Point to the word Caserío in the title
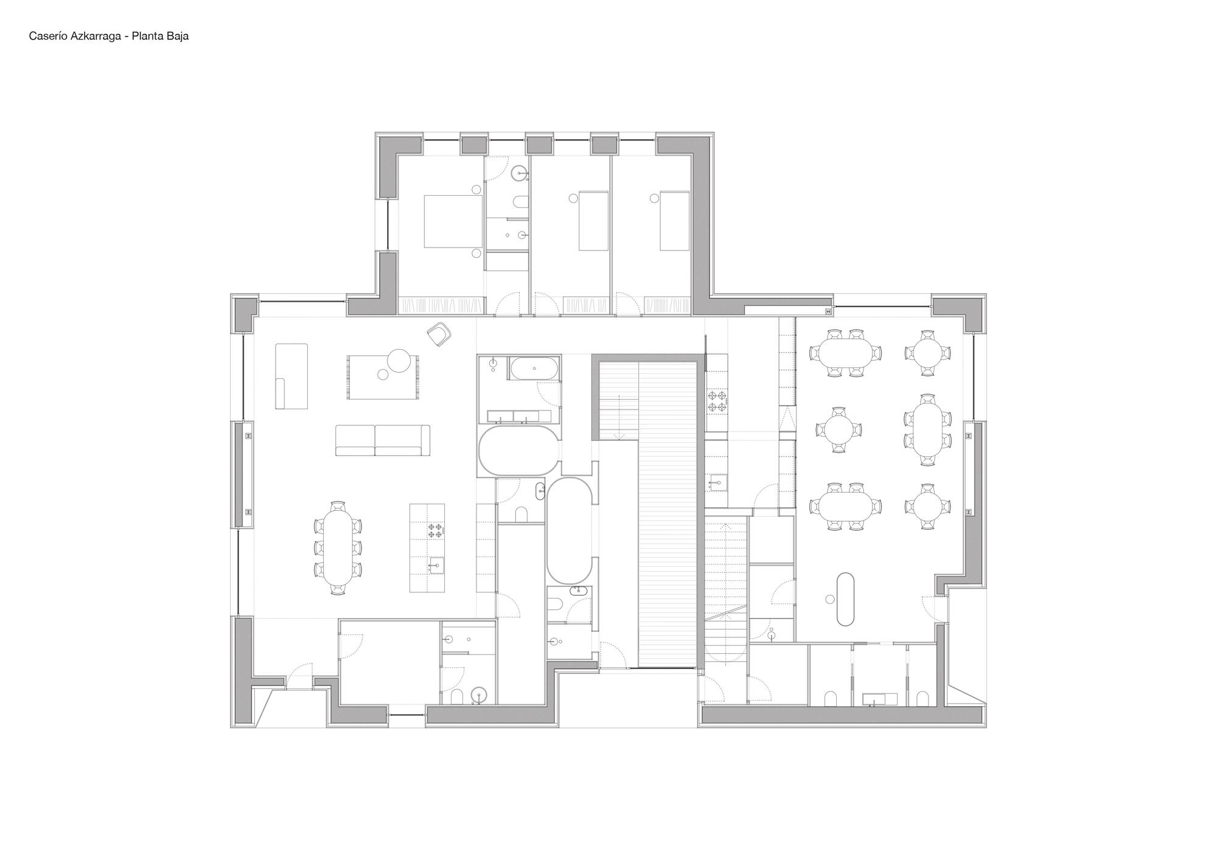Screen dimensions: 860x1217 (x=48, y=36)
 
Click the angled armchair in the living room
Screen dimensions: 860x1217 (x=439, y=334)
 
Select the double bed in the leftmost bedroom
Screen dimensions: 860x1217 (x=451, y=221)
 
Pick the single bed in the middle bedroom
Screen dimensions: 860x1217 (x=593, y=221)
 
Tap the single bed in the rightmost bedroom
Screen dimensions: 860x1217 (x=674, y=221)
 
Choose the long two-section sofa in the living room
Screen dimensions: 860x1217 (x=383, y=440)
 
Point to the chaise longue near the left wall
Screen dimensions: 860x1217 (x=291, y=376)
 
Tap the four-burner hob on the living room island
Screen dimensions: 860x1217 (x=435, y=530)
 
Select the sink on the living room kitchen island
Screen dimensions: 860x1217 (x=436, y=566)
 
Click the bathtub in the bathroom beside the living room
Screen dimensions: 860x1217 (x=534, y=369)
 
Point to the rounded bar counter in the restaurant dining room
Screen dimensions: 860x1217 (x=846, y=598)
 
